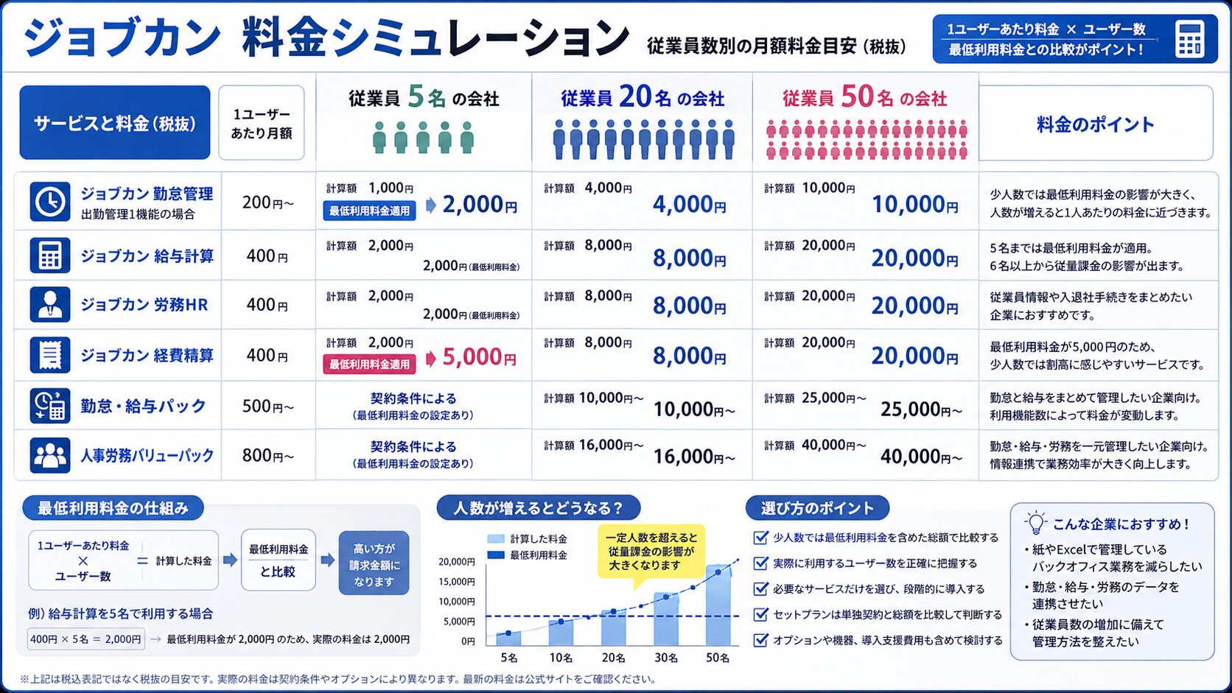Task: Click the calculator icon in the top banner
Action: point(1190,39)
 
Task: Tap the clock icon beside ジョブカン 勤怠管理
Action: point(50,202)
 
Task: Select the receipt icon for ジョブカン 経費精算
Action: point(50,355)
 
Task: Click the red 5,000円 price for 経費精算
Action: point(479,357)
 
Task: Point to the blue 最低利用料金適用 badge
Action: point(369,211)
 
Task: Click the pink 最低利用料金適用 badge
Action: point(369,364)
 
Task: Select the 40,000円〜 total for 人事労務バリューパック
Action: point(921,456)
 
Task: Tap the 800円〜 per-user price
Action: point(268,456)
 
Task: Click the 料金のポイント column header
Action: point(1095,124)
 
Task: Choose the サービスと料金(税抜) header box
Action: point(115,122)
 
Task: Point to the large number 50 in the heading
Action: point(858,96)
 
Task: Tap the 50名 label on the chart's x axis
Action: point(718,658)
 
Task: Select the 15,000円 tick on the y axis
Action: point(457,582)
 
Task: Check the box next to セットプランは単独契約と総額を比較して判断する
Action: point(760,614)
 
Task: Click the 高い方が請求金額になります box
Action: point(374,563)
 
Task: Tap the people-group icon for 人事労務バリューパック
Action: point(50,455)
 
